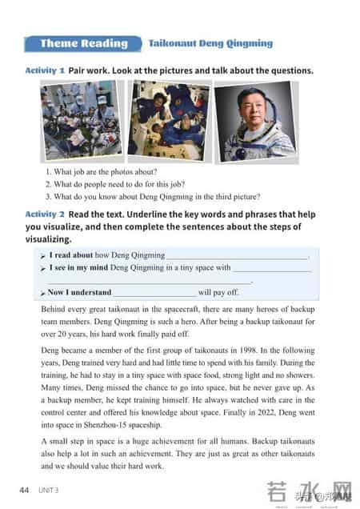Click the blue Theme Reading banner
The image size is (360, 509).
pos(84,43)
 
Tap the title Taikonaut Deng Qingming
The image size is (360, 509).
pos(210,43)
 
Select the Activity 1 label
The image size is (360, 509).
pos(45,70)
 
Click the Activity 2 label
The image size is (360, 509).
pos(45,214)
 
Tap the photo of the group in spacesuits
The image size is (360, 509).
pos(81,121)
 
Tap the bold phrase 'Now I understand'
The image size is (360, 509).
pos(79,292)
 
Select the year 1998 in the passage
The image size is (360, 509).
pos(247,350)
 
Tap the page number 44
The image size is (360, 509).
pos(25,489)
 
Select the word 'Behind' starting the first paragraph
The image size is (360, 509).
pos(54,309)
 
